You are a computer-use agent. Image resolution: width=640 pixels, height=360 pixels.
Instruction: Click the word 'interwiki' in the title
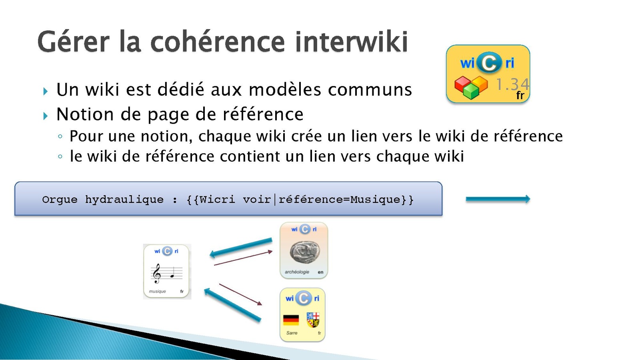point(352,42)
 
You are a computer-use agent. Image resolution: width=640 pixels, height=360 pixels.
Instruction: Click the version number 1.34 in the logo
point(512,84)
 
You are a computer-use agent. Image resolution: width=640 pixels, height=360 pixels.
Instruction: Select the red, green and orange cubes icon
point(471,87)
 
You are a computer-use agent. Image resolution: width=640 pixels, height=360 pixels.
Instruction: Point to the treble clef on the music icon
point(156,274)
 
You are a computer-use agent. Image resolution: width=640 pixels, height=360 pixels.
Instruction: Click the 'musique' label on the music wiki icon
point(158,292)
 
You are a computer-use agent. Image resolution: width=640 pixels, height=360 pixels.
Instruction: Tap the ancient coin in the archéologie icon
point(304,252)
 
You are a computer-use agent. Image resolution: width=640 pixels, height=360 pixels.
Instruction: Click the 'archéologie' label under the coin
point(297,272)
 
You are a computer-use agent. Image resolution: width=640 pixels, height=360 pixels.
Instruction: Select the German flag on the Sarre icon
point(291,320)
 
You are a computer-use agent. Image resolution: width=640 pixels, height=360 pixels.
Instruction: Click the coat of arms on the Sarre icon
point(313,320)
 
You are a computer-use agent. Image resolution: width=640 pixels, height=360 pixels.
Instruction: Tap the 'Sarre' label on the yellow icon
point(292,333)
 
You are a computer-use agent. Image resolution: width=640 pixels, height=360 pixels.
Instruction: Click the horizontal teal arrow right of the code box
point(498,199)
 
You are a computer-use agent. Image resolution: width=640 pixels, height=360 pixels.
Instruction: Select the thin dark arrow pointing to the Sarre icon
point(240,294)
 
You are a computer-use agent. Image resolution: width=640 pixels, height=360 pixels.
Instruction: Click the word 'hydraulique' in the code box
point(124,200)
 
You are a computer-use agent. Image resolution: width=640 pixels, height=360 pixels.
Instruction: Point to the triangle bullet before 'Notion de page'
point(46,116)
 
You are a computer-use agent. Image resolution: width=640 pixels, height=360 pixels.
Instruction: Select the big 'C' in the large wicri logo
point(489,62)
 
